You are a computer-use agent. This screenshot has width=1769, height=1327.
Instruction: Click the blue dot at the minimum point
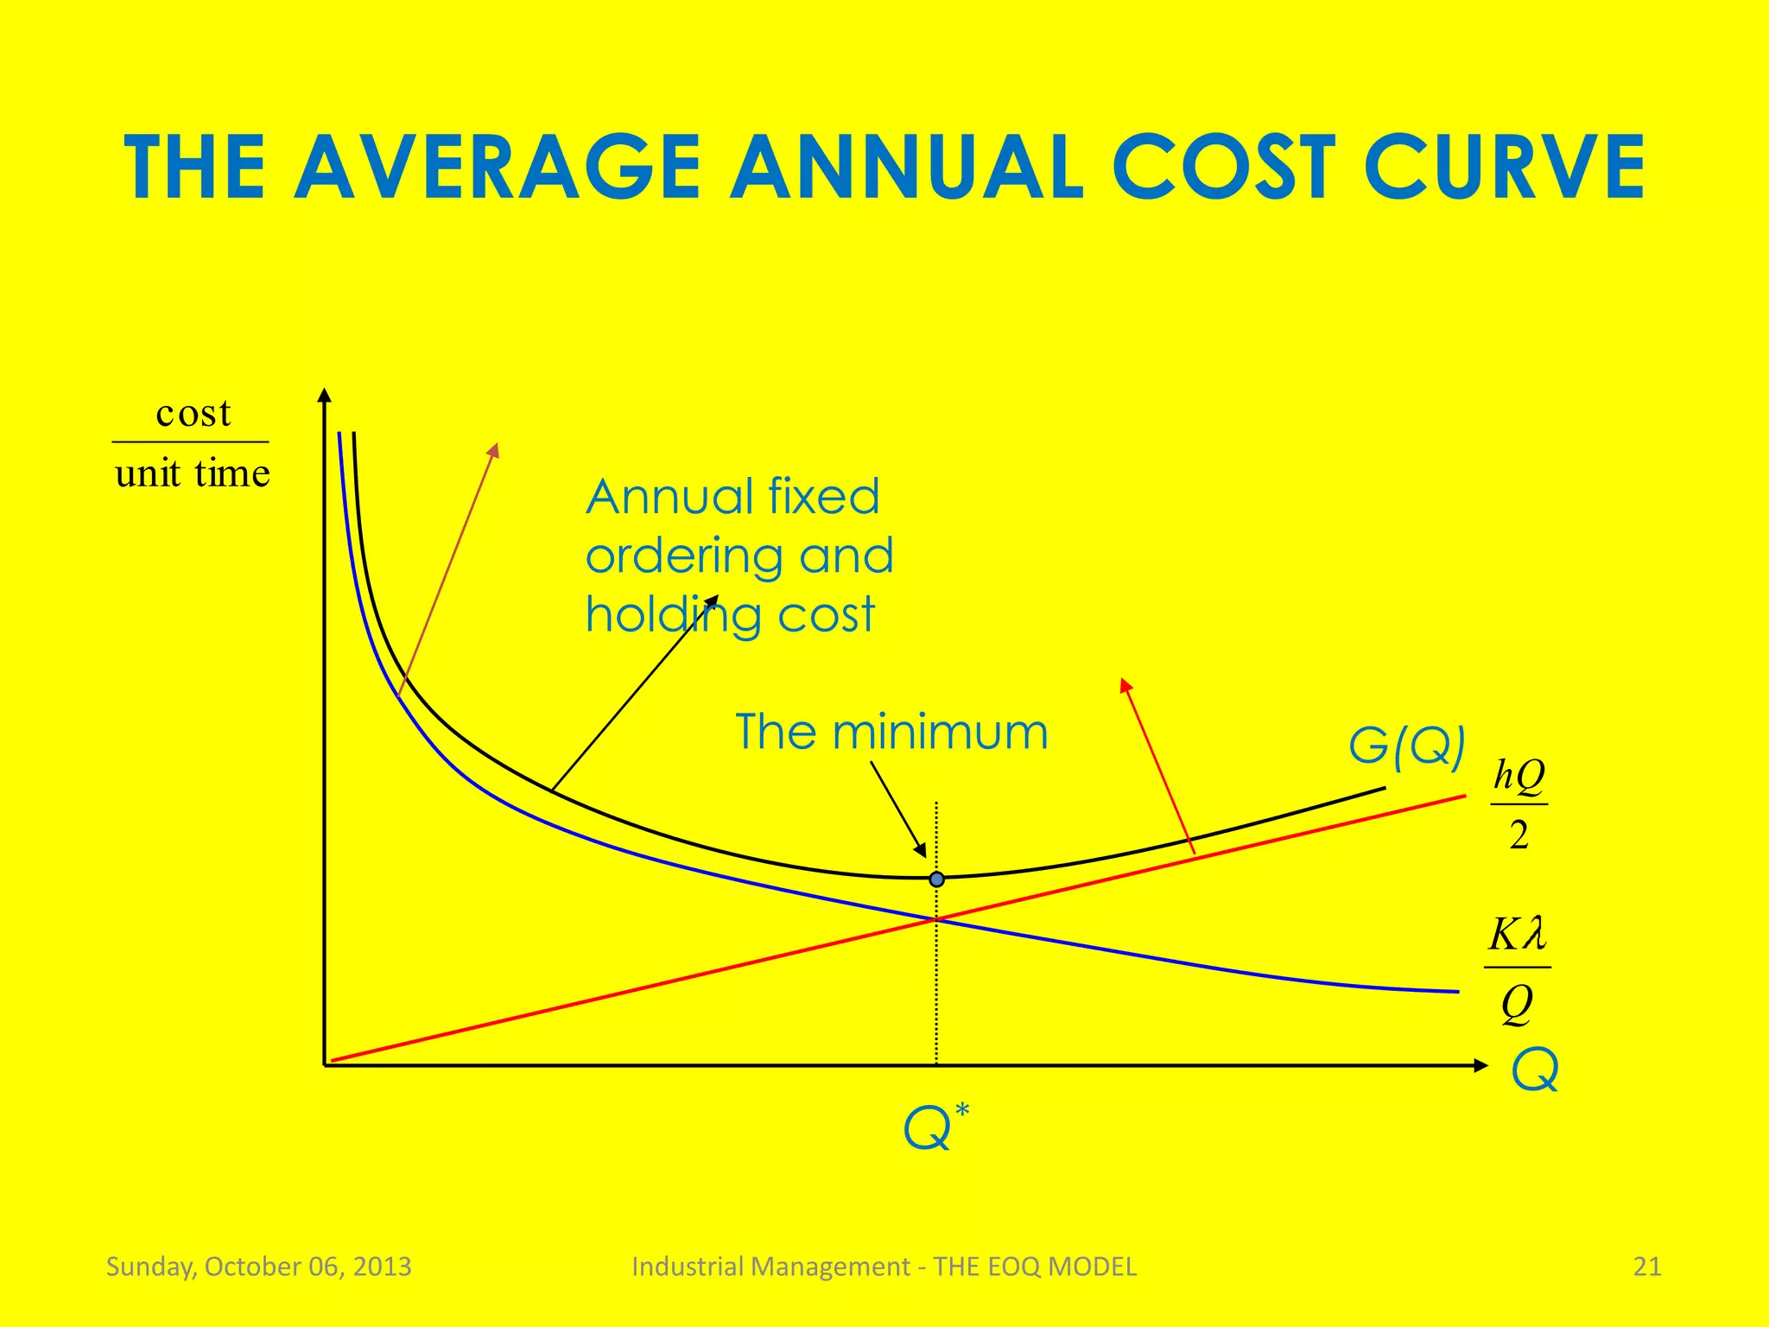(x=936, y=879)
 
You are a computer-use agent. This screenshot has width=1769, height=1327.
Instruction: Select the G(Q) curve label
(x=1406, y=745)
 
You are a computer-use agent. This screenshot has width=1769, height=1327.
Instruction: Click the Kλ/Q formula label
(x=1517, y=968)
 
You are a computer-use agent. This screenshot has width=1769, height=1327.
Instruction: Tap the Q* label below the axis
(x=935, y=1127)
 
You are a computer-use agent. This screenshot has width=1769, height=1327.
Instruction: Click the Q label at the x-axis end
(x=1535, y=1070)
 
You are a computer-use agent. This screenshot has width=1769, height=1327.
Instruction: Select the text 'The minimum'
(x=891, y=732)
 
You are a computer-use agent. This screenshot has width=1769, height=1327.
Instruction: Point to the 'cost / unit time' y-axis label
(x=192, y=442)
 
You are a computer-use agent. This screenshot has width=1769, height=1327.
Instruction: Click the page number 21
(x=1647, y=1267)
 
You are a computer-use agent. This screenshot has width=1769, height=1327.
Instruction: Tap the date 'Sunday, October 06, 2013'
(x=258, y=1267)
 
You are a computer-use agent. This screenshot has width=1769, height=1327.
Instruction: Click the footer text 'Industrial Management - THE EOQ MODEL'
(x=884, y=1267)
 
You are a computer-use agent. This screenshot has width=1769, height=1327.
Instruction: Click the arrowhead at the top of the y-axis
(x=324, y=396)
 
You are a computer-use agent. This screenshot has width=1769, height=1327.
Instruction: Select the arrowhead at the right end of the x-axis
(x=1481, y=1065)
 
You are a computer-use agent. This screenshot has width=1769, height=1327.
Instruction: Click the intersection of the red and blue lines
(x=936, y=919)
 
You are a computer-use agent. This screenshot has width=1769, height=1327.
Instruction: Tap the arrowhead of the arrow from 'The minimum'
(x=921, y=850)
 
